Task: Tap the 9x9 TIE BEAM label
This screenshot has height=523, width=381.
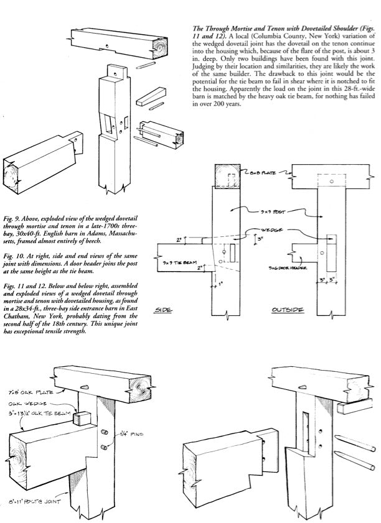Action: coord(176,263)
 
